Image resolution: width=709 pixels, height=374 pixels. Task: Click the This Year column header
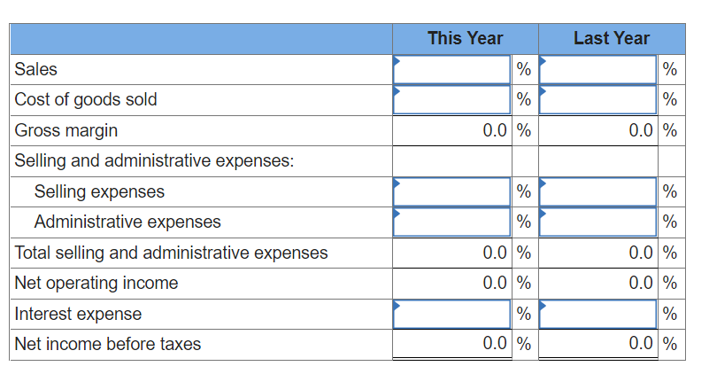pos(465,38)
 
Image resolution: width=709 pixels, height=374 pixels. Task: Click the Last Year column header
pos(611,38)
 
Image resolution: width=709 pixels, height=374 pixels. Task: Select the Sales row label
pos(36,69)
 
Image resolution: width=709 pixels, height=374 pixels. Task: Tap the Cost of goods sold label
pos(86,99)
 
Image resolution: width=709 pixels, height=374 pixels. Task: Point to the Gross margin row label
pos(66,130)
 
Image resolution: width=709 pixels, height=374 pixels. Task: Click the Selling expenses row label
pos(99,191)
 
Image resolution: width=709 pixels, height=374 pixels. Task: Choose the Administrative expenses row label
pos(127,222)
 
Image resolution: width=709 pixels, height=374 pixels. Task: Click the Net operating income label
pos(96,283)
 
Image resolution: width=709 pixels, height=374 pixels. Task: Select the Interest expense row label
pos(78,314)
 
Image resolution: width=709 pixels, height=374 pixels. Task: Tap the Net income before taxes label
pos(108,344)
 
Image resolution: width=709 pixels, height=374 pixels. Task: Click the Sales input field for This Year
pos(451,69)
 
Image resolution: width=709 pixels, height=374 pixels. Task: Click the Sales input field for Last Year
pos(598,69)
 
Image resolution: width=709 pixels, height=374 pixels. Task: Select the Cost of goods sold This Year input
pos(451,99)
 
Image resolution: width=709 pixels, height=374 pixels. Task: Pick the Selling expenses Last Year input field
pos(598,191)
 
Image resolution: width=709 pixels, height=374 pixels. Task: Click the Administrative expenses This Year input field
pos(451,222)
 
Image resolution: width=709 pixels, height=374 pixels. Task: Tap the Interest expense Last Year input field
pos(598,314)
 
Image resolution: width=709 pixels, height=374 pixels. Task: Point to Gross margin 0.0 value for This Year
pos(496,130)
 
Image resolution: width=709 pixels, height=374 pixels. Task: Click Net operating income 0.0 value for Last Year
pos(642,283)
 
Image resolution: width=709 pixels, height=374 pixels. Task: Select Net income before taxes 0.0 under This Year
pos(496,344)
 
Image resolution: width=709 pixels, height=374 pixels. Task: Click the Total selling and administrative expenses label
pos(172,253)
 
